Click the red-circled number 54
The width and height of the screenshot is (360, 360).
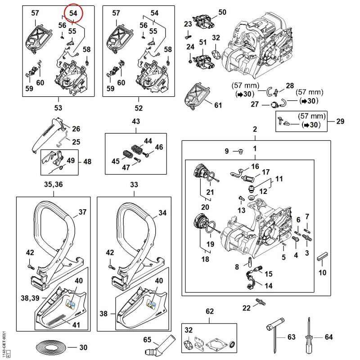tap(73, 13)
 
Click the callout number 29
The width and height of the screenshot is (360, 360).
tap(340, 121)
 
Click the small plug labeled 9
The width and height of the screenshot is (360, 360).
tap(241, 151)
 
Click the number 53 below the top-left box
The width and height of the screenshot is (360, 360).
tap(58, 108)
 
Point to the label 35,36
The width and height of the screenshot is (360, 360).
tap(53, 184)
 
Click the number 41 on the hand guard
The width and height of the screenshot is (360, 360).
tap(76, 325)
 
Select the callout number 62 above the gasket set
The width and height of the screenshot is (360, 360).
tap(209, 311)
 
